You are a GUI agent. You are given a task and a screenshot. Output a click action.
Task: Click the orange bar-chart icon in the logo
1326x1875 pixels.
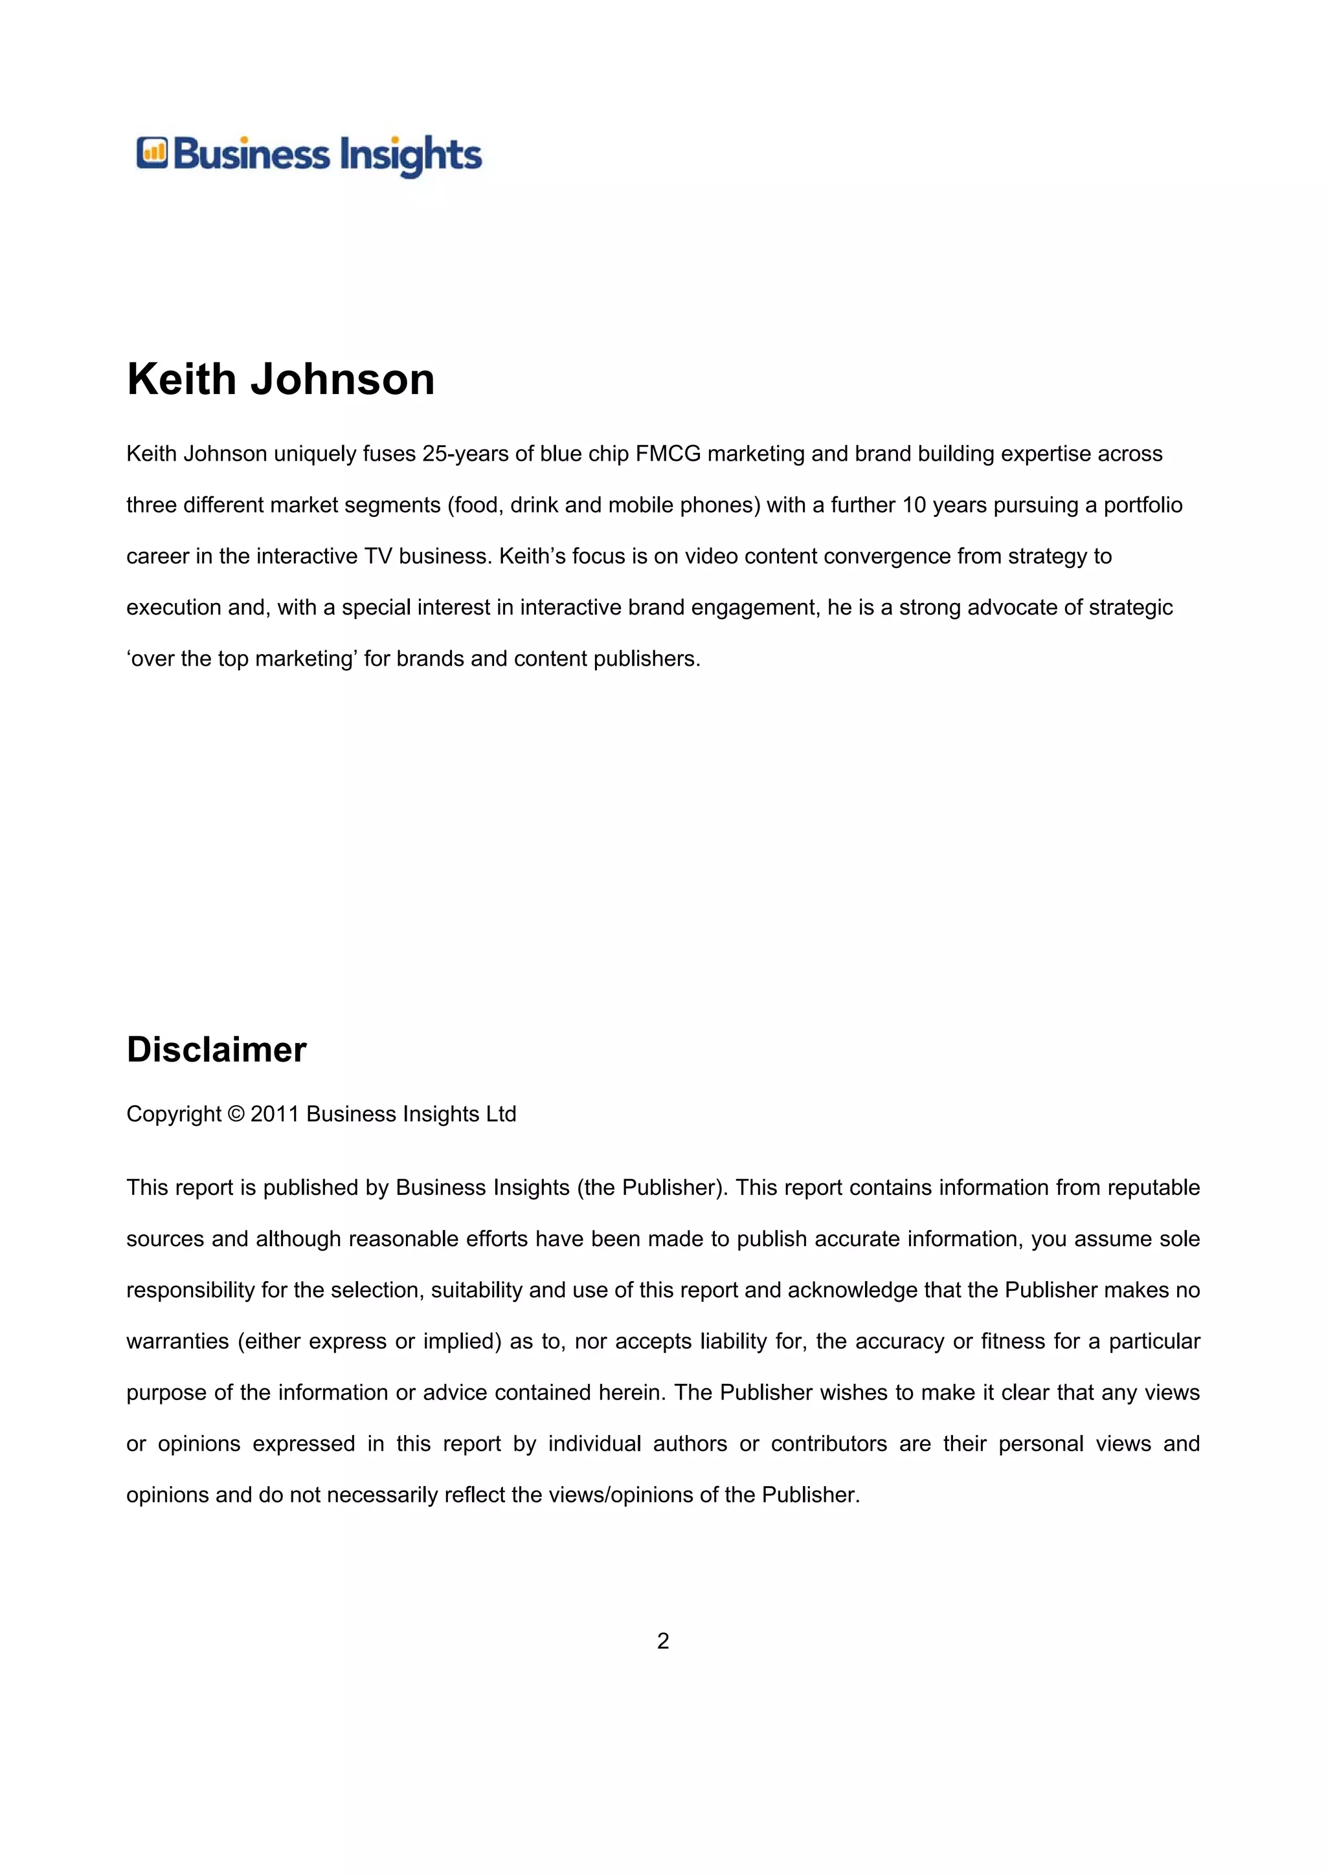[x=152, y=153]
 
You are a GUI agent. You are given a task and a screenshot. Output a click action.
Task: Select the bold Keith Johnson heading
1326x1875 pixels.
[x=280, y=380]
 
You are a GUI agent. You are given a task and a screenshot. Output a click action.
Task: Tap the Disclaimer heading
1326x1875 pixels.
[x=216, y=1049]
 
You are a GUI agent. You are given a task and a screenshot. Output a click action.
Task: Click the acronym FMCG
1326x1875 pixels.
[x=668, y=454]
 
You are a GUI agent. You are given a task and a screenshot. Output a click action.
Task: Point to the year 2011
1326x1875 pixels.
[x=275, y=1115]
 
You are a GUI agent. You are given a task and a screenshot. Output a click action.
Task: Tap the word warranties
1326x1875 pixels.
[x=177, y=1342]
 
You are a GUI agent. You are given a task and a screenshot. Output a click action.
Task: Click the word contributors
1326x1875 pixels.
[x=829, y=1444]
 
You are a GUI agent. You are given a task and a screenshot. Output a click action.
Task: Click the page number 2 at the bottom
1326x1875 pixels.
[x=662, y=1641]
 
